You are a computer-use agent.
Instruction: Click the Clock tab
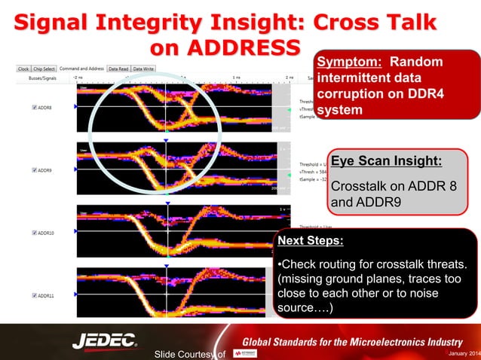coord(23,69)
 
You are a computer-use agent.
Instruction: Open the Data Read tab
coord(118,69)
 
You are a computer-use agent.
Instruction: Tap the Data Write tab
coord(144,69)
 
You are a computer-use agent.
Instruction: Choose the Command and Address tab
coord(81,69)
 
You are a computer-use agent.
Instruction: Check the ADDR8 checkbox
coord(35,108)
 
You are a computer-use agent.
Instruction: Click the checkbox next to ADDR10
coord(35,233)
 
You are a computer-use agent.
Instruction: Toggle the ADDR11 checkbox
coord(35,295)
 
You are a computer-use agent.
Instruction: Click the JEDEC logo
coord(104,341)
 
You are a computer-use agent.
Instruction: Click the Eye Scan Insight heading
coord(386,161)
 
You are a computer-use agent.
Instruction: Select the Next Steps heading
coord(310,241)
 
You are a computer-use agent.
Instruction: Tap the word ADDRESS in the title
coord(226,47)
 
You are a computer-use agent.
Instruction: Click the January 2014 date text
coord(461,355)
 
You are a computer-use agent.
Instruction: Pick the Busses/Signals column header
coord(42,78)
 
